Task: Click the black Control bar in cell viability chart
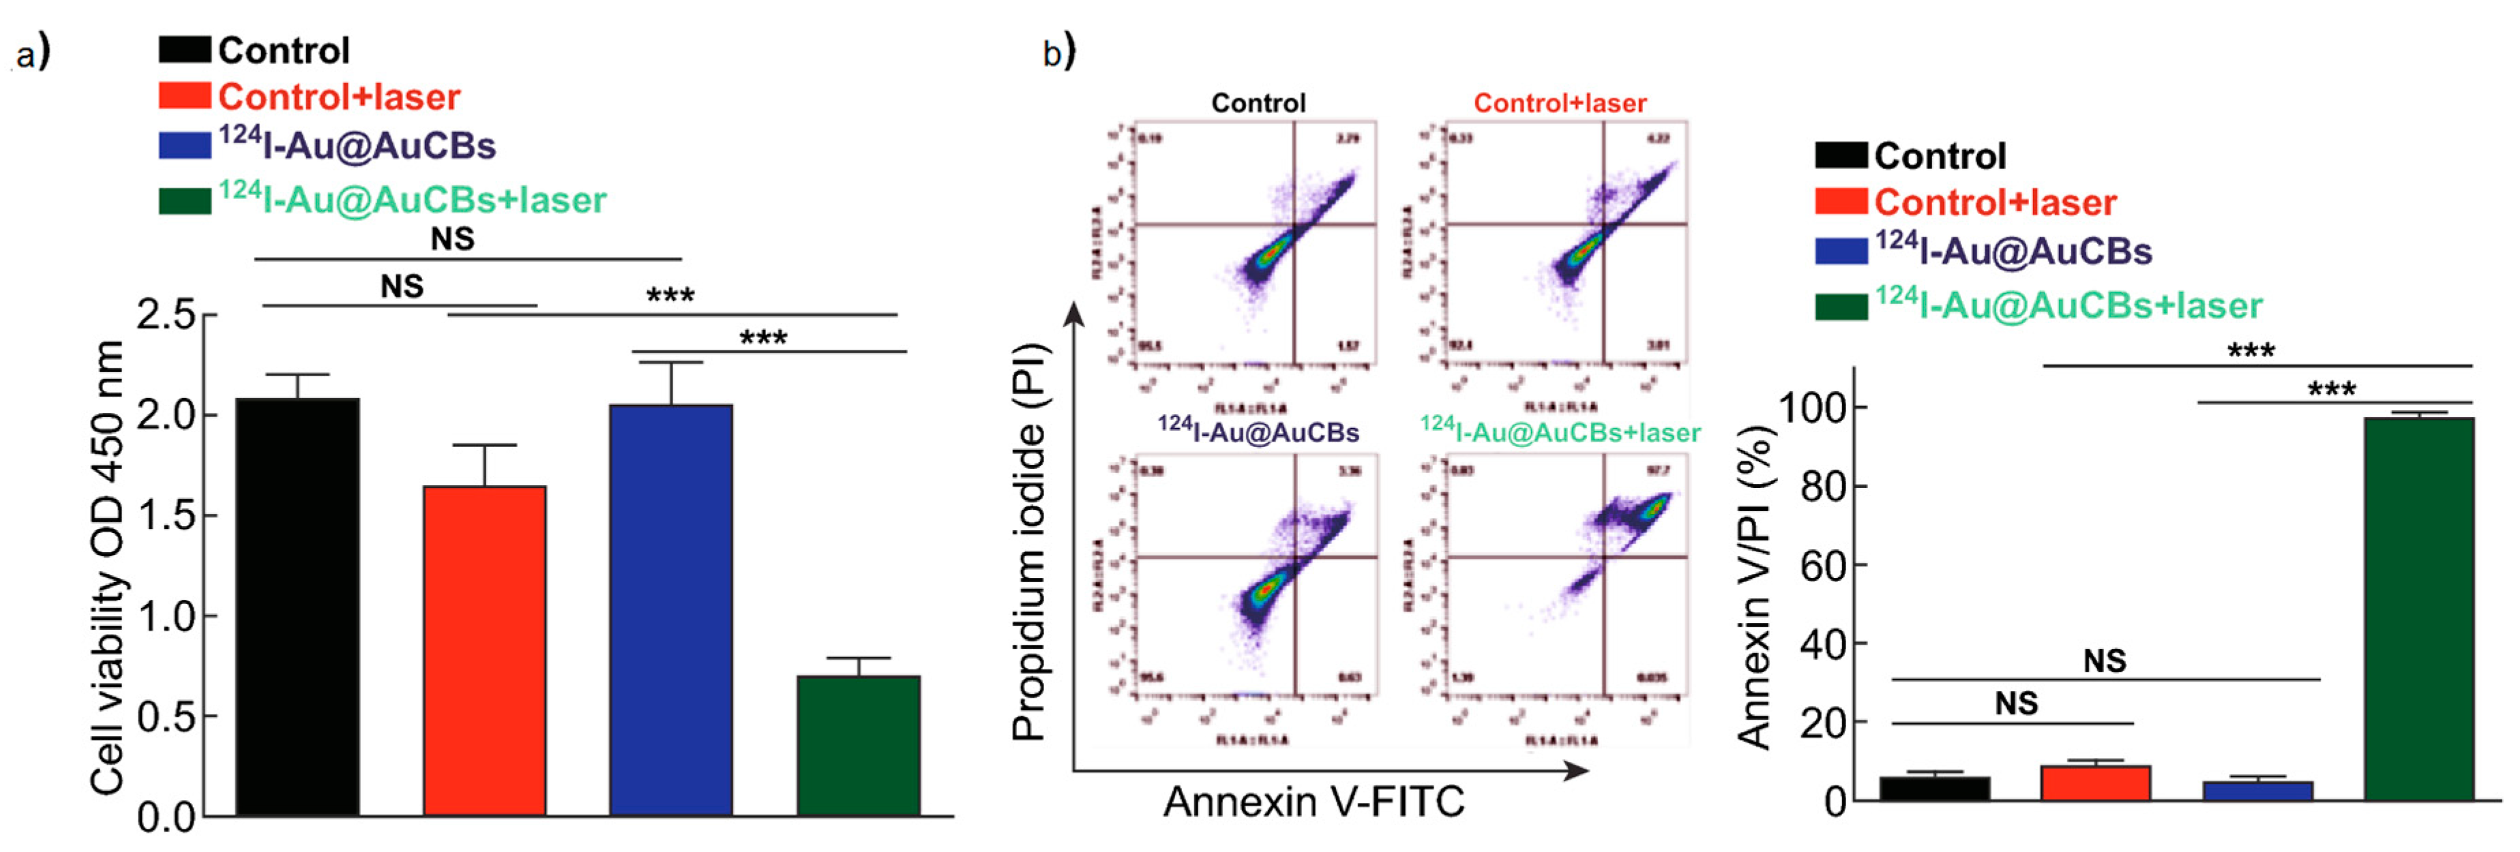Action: pyautogui.click(x=297, y=607)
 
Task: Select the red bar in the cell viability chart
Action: pyautogui.click(x=484, y=650)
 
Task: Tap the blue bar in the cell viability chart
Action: pyautogui.click(x=671, y=609)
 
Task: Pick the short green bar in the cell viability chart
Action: pyautogui.click(x=858, y=746)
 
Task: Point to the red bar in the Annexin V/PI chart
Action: pyautogui.click(x=2094, y=782)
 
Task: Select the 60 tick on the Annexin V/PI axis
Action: pyautogui.click(x=1822, y=566)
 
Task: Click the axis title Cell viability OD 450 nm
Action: pyautogui.click(x=108, y=567)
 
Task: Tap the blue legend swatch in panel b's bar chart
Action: pyautogui.click(x=1841, y=252)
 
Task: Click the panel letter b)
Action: pyautogui.click(x=1058, y=52)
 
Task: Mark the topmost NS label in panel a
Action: pyautogui.click(x=452, y=239)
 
